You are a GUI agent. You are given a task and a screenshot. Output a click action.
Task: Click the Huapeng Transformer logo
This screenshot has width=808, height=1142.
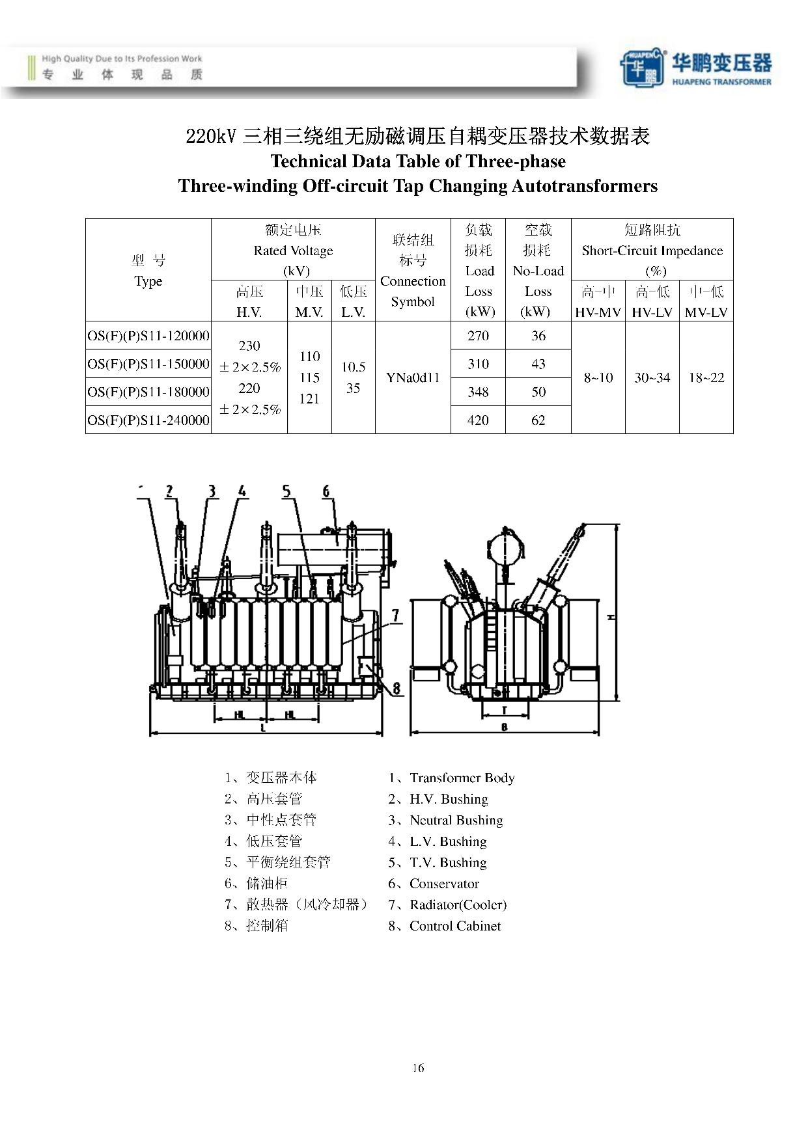tap(695, 67)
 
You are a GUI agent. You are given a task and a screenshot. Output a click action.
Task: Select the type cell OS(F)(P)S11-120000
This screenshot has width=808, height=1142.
tap(148, 336)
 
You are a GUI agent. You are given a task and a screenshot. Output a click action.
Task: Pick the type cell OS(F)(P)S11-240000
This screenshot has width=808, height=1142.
tap(148, 420)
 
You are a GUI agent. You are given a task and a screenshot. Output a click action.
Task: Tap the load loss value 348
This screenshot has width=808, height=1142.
tap(478, 392)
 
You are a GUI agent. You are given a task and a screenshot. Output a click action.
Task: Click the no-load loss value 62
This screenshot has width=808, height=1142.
tap(538, 420)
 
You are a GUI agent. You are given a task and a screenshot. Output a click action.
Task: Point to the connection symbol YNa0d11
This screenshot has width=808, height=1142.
tap(413, 377)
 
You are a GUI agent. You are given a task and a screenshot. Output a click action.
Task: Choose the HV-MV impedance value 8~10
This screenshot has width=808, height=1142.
tap(598, 377)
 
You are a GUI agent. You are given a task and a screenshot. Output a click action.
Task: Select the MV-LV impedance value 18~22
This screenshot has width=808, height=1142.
tap(706, 377)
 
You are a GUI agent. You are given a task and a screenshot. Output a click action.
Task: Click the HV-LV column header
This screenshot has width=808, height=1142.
tap(652, 312)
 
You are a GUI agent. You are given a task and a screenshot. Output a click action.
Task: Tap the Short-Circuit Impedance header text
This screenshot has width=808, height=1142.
tap(652, 251)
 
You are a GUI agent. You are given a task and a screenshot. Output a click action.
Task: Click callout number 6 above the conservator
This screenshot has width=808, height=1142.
tap(326, 491)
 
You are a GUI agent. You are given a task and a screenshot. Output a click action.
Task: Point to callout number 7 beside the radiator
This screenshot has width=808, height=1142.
tap(396, 615)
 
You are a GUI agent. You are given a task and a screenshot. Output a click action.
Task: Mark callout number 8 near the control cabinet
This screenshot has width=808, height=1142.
tap(397, 688)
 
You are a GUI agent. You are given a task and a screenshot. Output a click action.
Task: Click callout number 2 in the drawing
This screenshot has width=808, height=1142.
tap(169, 491)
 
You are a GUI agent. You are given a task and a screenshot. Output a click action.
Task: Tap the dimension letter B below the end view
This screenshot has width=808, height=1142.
tap(504, 727)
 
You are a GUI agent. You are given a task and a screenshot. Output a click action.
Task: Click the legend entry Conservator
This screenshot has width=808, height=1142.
tap(444, 884)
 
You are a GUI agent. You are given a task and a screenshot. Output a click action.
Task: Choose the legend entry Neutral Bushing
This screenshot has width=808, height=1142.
tap(456, 820)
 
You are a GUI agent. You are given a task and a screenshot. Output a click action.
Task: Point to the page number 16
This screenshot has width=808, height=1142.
tap(418, 1067)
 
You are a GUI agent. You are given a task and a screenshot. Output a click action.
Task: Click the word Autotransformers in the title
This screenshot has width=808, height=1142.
tap(585, 186)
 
